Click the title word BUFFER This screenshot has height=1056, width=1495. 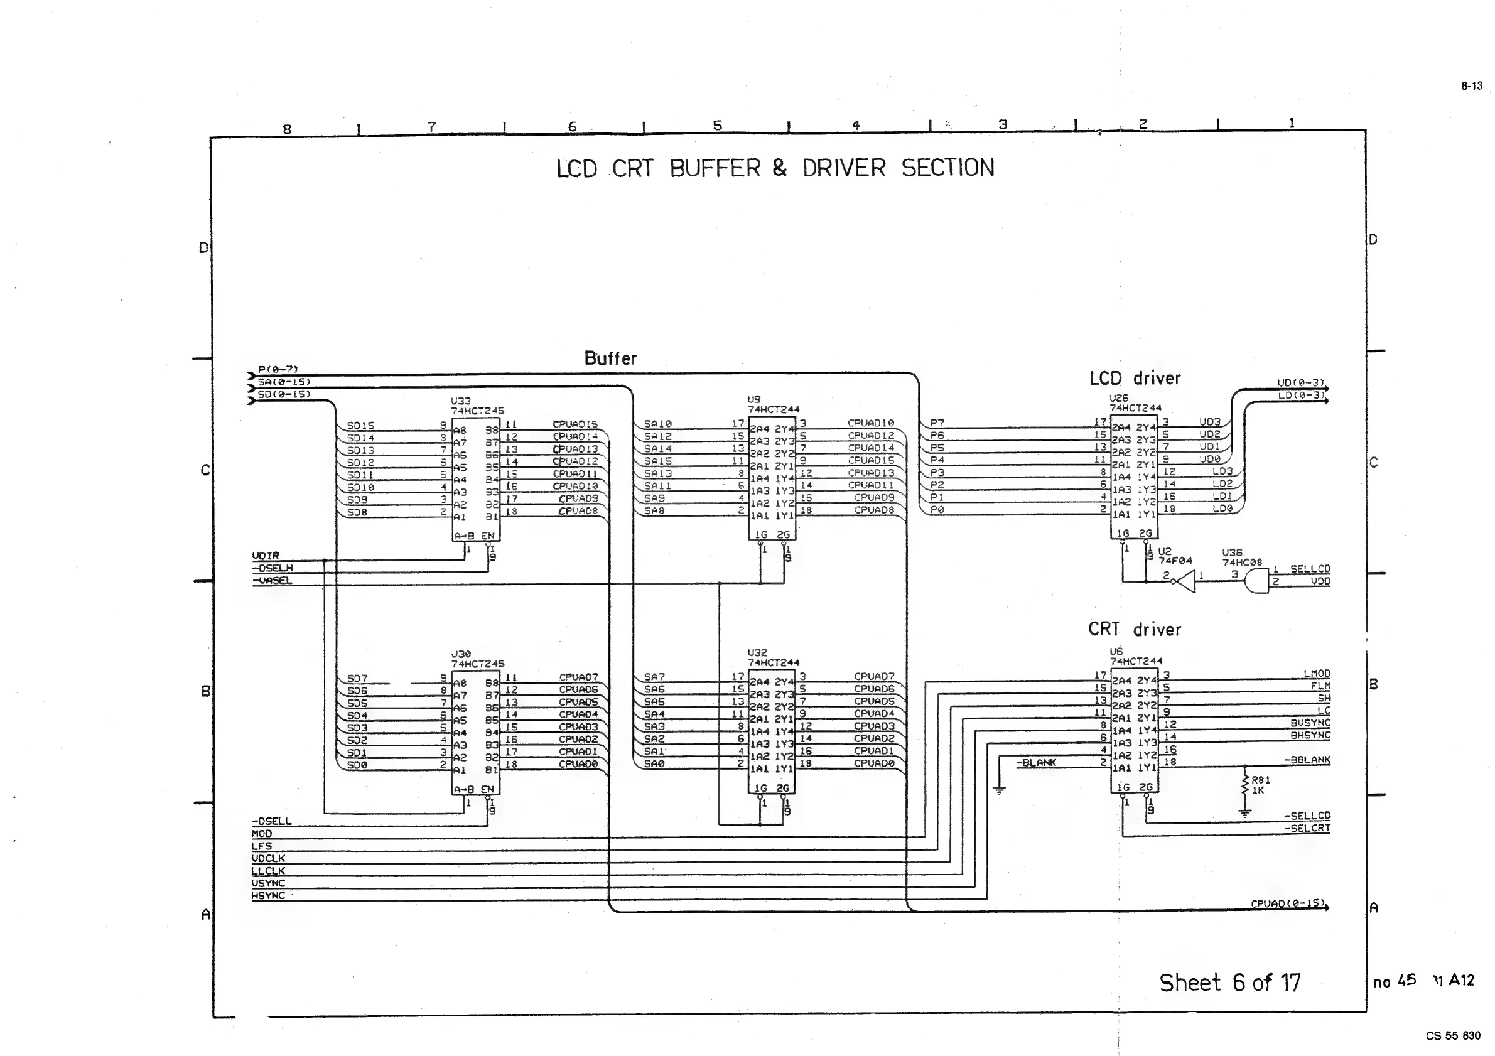[x=715, y=169]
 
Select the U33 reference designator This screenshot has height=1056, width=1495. [x=460, y=401]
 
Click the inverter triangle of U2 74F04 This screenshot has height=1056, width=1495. [x=1186, y=581]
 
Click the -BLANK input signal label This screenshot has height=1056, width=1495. [x=1039, y=762]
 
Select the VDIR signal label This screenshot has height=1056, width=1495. [x=266, y=556]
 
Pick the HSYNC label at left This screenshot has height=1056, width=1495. [x=268, y=896]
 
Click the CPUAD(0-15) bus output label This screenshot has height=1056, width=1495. [x=1287, y=903]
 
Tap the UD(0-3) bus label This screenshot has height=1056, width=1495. [x=1300, y=383]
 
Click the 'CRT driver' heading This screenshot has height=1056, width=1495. [x=1134, y=630]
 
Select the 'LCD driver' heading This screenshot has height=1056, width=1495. [x=1135, y=378]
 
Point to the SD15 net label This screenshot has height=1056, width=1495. [x=360, y=426]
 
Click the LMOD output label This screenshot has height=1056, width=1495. [x=1317, y=674]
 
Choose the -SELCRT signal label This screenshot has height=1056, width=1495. [x=1306, y=828]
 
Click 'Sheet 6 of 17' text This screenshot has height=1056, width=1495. [x=1229, y=983]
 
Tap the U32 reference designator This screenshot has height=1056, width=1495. [x=757, y=652]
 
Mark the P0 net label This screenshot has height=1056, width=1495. [x=937, y=510]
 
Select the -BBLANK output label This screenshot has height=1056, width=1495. [x=1307, y=760]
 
